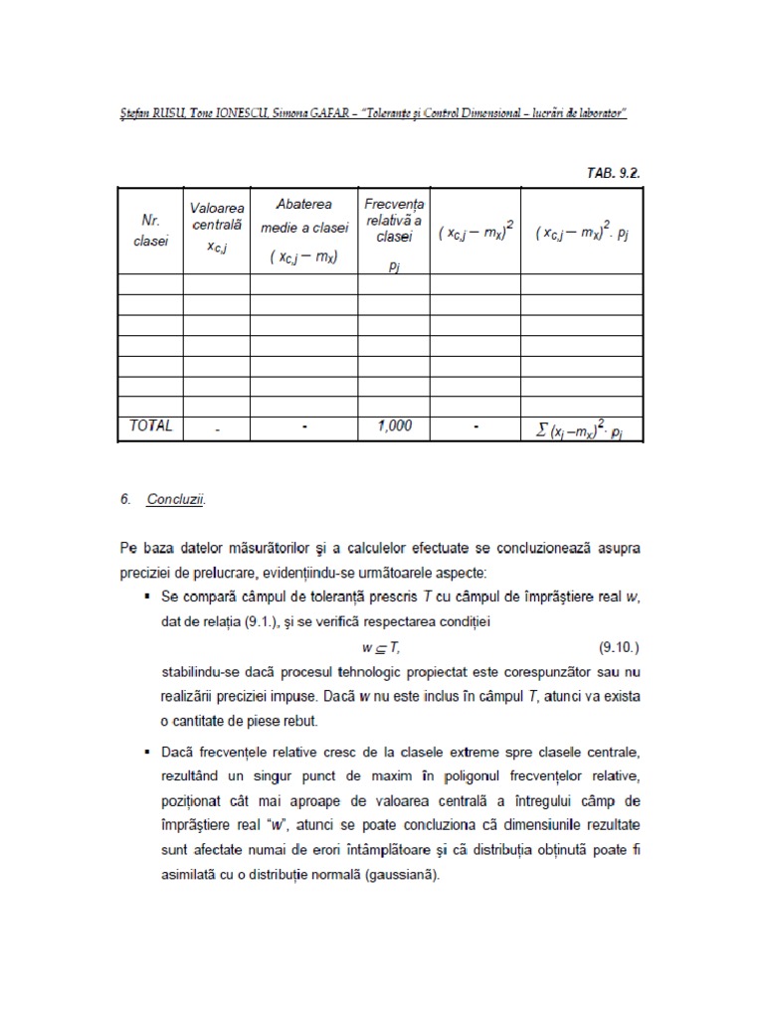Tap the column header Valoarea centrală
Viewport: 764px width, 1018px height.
[x=216, y=227]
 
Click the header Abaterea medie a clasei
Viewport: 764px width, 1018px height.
[x=303, y=229]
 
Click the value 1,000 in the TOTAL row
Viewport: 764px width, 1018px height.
[x=394, y=425]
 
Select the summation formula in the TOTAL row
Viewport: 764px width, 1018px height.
[x=582, y=428]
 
